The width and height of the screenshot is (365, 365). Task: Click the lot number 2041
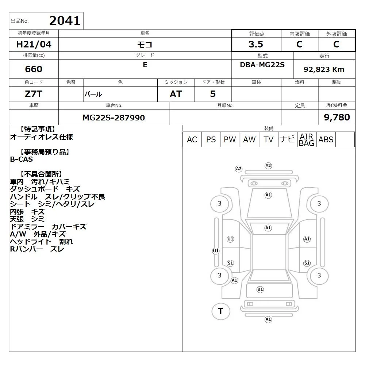click(65, 21)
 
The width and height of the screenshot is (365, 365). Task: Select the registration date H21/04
click(34, 44)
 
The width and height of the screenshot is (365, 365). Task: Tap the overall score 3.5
click(256, 44)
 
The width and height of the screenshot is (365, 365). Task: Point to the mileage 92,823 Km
click(324, 69)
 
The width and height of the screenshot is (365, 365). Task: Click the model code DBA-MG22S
click(262, 65)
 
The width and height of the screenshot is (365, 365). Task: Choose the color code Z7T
click(34, 94)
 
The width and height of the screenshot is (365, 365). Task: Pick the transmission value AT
click(176, 94)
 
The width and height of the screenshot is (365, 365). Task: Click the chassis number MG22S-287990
click(114, 118)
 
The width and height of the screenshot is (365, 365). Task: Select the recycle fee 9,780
click(337, 117)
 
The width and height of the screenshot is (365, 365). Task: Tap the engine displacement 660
click(34, 69)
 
